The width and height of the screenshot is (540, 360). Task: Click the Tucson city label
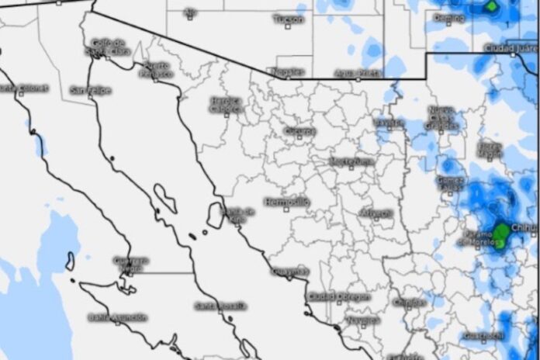click(289, 18)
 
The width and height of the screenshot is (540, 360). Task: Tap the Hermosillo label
click(287, 202)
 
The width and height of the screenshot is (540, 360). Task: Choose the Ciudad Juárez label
click(510, 48)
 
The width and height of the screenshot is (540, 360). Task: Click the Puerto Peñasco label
click(157, 69)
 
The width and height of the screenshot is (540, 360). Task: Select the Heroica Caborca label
click(226, 105)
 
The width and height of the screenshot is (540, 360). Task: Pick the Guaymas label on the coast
click(290, 271)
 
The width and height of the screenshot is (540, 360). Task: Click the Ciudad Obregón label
click(339, 296)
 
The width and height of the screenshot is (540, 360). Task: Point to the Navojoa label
click(364, 320)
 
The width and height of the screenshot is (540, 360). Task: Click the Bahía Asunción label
click(118, 318)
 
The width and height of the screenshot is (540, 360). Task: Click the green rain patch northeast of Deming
click(491, 7)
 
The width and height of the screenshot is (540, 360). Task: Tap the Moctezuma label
click(351, 161)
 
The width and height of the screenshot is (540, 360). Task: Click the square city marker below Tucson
click(288, 26)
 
